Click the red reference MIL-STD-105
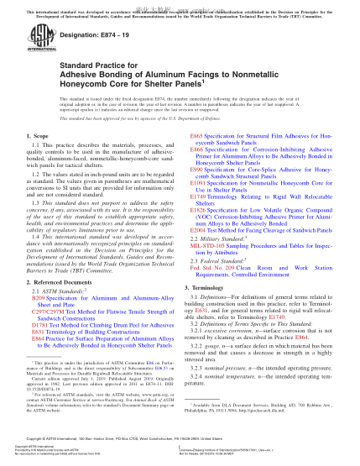[x=211, y=244]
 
